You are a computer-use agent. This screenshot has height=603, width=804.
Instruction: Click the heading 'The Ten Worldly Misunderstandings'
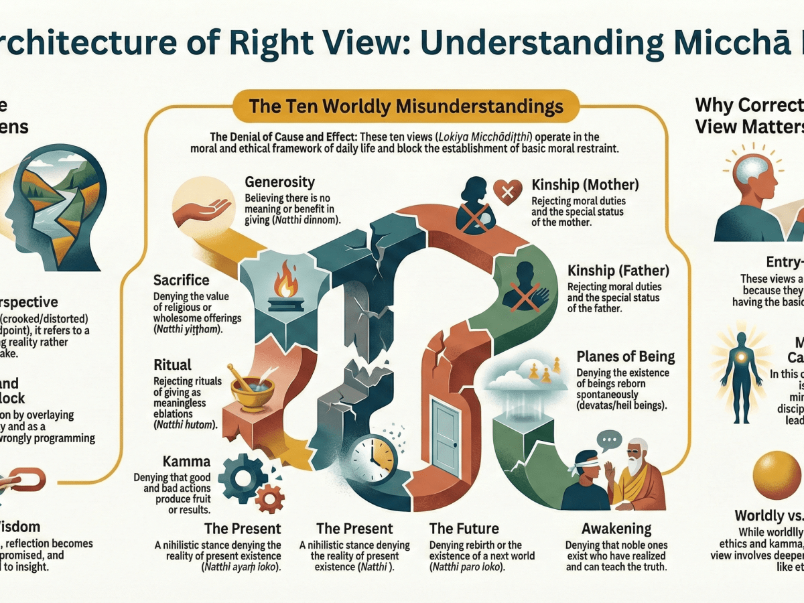(405, 107)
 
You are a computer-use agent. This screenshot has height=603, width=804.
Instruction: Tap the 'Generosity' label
(279, 182)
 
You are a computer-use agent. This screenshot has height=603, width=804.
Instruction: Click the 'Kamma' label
(186, 462)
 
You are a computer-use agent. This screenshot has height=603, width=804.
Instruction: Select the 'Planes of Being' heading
(625, 356)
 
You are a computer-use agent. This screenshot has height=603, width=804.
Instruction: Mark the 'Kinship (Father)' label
(618, 271)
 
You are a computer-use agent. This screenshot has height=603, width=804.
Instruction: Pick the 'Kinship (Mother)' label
(585, 184)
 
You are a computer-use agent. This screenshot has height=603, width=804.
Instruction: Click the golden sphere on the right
(777, 477)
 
